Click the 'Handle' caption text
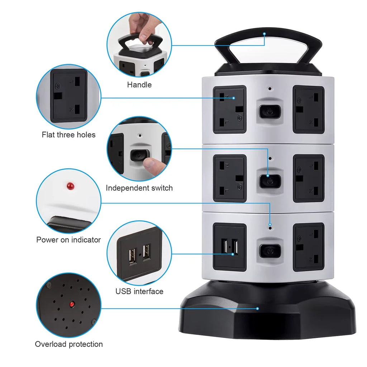[x=139, y=85]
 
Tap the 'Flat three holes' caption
[x=68, y=135]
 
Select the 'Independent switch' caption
[x=139, y=188]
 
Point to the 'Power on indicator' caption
[x=68, y=240]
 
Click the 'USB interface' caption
[x=139, y=291]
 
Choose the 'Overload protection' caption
[x=69, y=344]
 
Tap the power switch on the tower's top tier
[x=270, y=112]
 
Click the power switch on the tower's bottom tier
[x=270, y=251]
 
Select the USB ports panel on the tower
[x=230, y=247]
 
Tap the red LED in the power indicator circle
[x=70, y=186]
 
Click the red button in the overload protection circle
[x=72, y=304]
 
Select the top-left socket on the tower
[x=230, y=109]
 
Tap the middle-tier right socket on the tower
[x=309, y=178]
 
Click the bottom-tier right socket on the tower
[x=309, y=247]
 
